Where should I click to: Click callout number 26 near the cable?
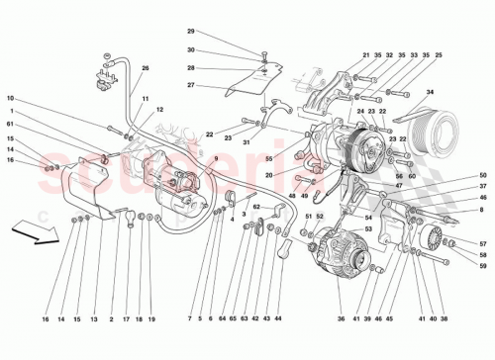tap(146, 68)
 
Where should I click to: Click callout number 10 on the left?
tap(9, 99)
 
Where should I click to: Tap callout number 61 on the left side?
tap(9, 126)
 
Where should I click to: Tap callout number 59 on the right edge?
tap(483, 264)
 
